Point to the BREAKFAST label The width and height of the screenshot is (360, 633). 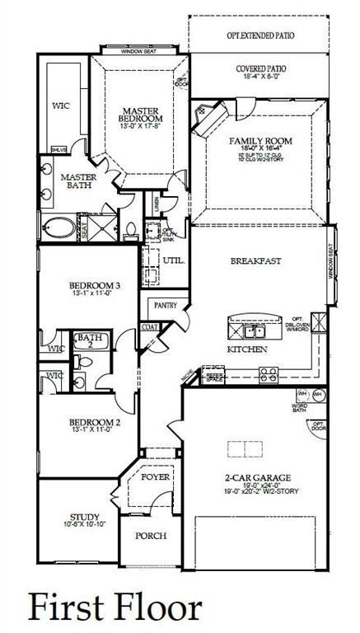pyautogui.click(x=255, y=260)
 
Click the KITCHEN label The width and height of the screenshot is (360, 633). pyautogui.click(x=247, y=349)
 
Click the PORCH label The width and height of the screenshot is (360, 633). pyautogui.click(x=151, y=535)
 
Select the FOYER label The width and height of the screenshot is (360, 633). pyautogui.click(x=155, y=477)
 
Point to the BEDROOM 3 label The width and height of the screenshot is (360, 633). pyautogui.click(x=94, y=286)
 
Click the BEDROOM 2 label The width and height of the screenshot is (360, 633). pyautogui.click(x=94, y=422)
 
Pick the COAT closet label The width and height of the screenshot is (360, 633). pyautogui.click(x=150, y=326)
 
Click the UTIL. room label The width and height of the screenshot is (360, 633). pyautogui.click(x=173, y=260)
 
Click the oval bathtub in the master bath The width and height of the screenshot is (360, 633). pyautogui.click(x=58, y=227)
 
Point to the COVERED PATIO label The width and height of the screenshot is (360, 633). pyautogui.click(x=259, y=71)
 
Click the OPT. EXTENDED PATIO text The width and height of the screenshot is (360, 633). pyautogui.click(x=259, y=36)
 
